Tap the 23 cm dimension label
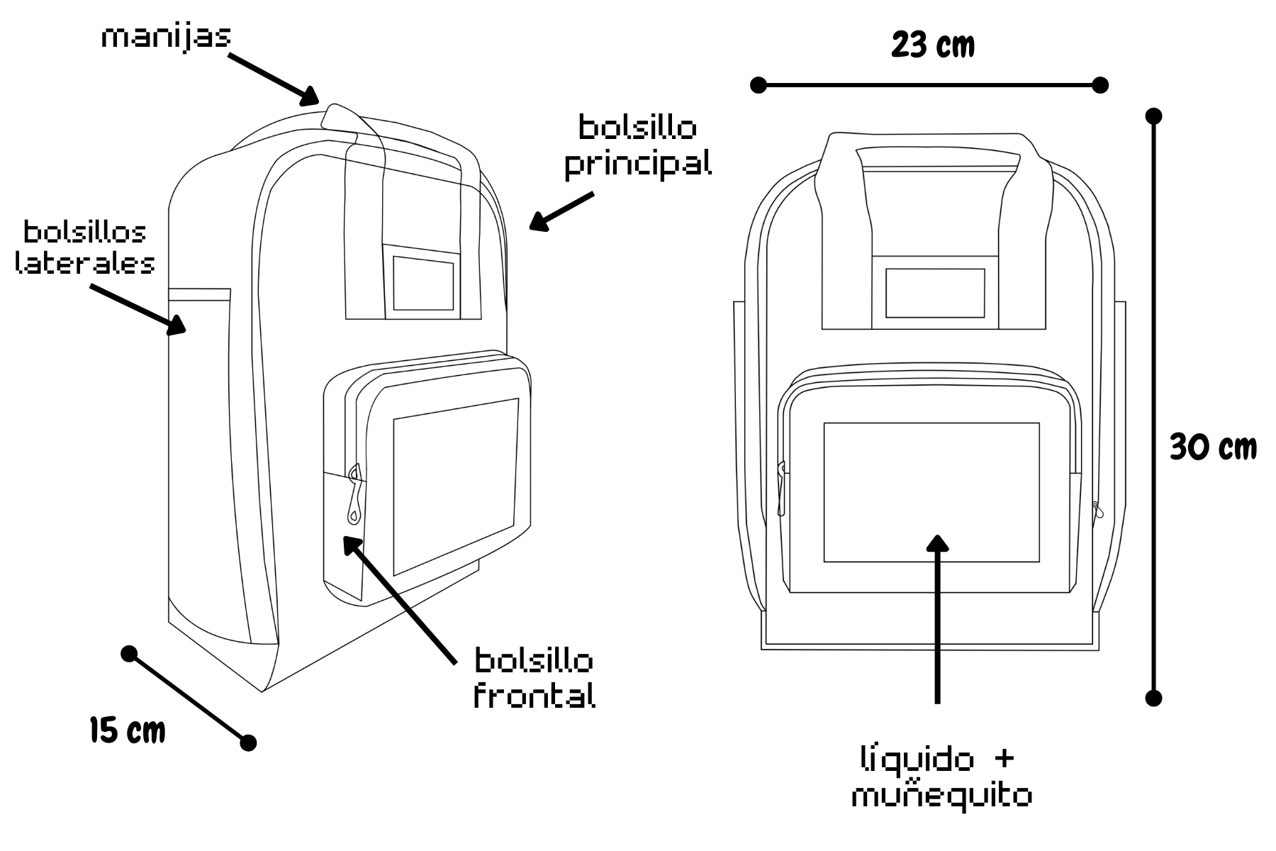click(933, 45)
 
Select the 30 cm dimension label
click(1213, 447)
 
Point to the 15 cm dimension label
click(128, 730)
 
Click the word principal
click(638, 165)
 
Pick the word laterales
click(85, 263)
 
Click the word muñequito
click(941, 796)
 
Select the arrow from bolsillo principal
click(561, 212)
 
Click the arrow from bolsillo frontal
click(399, 599)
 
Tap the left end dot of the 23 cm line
click(758, 85)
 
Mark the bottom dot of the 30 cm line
click(1153, 698)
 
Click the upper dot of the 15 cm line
click(128, 653)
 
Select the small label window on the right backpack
click(935, 293)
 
